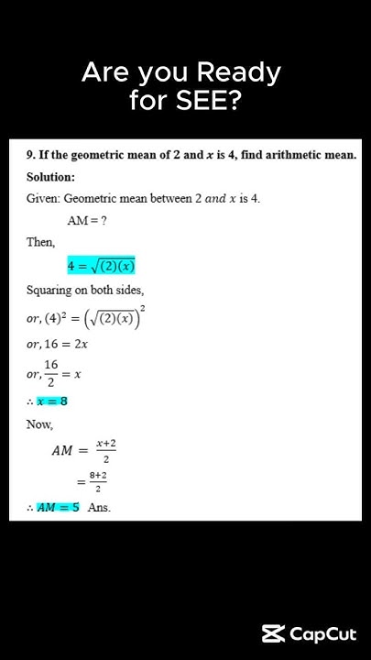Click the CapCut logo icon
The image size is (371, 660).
(x=273, y=634)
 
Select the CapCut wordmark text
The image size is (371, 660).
(x=323, y=634)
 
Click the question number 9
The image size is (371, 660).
(x=30, y=155)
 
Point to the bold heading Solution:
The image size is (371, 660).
(x=50, y=177)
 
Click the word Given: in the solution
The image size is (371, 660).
(x=43, y=199)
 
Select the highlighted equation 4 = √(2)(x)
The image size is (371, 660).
(x=101, y=266)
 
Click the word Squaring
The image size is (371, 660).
(x=49, y=290)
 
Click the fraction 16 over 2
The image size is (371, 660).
(x=51, y=373)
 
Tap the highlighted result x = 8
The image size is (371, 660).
(x=51, y=401)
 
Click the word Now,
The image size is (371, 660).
(x=39, y=425)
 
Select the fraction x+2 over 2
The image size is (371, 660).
(x=106, y=450)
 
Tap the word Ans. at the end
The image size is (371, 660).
(x=99, y=508)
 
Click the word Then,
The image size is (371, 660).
(x=40, y=243)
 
